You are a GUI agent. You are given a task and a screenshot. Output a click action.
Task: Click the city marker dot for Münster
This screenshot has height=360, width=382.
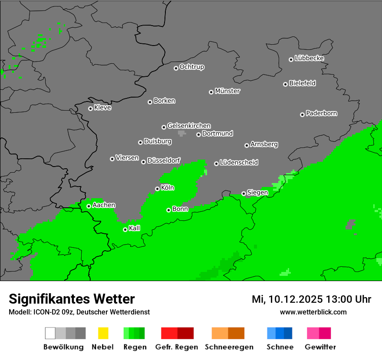[211, 92]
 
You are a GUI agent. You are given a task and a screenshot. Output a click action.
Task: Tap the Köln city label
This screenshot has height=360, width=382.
[168, 188]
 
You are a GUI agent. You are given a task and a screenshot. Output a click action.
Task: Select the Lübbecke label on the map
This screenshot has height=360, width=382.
[309, 58]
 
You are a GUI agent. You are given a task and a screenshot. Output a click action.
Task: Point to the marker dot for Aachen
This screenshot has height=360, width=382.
[89, 206]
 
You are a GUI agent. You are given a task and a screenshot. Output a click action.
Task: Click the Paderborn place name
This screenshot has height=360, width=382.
[321, 113]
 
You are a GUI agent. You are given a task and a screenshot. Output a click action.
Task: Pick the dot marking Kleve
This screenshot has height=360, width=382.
[90, 108]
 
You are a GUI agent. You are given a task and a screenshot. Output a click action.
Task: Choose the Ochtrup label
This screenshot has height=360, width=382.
[191, 67]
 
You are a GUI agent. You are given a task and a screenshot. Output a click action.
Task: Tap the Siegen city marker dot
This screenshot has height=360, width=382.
[244, 193]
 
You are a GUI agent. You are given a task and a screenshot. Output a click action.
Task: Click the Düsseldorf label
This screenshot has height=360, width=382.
[164, 160]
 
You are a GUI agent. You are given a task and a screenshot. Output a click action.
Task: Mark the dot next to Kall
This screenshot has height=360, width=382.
[125, 229]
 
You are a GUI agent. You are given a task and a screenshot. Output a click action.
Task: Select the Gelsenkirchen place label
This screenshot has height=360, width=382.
[189, 126]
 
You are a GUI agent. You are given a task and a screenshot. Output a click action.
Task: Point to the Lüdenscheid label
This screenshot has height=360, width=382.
[239, 163]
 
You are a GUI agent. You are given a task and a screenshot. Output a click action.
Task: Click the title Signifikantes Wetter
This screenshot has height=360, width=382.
[72, 299]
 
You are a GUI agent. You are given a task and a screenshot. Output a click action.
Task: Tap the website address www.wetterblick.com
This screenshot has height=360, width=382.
[313, 312]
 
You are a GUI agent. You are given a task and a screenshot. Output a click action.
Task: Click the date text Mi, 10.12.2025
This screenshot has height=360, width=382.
[288, 299]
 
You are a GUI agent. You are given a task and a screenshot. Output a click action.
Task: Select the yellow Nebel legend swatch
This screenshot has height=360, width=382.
[103, 333]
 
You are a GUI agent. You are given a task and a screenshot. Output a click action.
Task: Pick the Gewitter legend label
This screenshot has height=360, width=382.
[320, 347]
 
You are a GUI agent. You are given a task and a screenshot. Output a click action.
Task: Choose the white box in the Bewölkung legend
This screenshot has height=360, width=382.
[50, 333]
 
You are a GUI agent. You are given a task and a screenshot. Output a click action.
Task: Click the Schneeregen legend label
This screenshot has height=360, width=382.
[228, 347]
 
